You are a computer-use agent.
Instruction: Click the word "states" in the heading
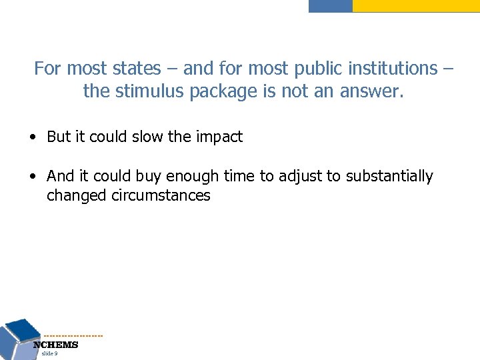pyautogui.click(x=137, y=69)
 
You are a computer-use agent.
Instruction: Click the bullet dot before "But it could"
pyautogui.click(x=33, y=138)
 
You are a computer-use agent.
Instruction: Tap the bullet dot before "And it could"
pyautogui.click(x=33, y=177)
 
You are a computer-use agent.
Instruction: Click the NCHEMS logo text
pyautogui.click(x=56, y=345)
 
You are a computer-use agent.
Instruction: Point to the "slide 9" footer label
pyautogui.click(x=49, y=354)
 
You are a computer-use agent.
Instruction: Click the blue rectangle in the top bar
pyautogui.click(x=331, y=5)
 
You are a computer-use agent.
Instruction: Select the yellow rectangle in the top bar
pyautogui.click(x=415, y=5)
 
